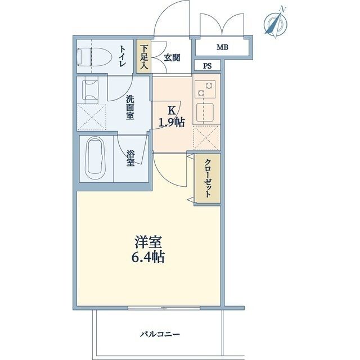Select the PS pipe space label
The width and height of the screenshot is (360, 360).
[208, 65]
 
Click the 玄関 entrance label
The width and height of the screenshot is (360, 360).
[172, 57]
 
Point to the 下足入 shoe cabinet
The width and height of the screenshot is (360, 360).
[144, 56]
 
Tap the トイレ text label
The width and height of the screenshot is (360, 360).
[122, 56]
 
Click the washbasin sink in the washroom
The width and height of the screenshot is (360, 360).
[91, 89]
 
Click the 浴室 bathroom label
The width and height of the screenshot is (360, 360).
[130, 157]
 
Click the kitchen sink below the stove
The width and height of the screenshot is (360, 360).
[204, 113]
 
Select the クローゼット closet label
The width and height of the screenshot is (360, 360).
[207, 177]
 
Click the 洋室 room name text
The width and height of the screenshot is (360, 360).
[148, 242]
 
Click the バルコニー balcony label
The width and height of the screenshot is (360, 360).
[160, 335]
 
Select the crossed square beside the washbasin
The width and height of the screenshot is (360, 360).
[91, 116]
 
